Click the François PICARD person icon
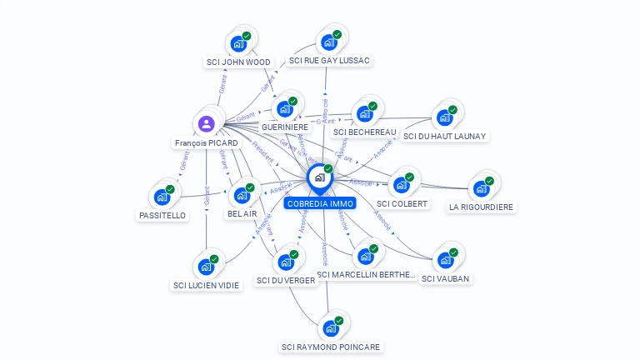coord(206,124)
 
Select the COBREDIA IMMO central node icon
coord(319,177)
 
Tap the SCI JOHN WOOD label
coord(238,62)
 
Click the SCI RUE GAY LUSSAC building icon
coord(329,42)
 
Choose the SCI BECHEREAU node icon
coord(364,113)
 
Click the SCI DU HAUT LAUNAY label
coord(445,136)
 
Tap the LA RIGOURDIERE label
coord(482,207)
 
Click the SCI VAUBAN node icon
coord(446,259)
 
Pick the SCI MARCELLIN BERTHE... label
coord(366,274)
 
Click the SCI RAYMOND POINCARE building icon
coord(331,327)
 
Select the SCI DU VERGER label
coord(286,280)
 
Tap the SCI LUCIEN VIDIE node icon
coord(205,267)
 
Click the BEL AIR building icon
coord(242,195)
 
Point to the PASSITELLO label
coord(162,215)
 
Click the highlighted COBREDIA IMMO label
coord(320,203)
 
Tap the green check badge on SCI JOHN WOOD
coord(247,36)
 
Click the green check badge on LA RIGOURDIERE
coord(489,181)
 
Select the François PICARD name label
coord(207,142)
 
